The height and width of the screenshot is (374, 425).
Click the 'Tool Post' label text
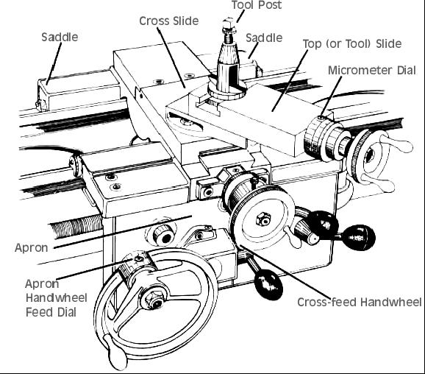coord(257,5)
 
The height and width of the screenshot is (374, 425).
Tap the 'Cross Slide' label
coord(169,21)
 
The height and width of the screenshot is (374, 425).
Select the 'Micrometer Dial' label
coord(372,70)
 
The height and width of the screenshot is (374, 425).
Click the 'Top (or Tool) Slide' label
coord(352,43)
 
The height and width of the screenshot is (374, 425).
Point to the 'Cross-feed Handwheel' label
coord(360,302)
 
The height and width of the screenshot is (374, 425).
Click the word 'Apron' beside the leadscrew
coord(32,248)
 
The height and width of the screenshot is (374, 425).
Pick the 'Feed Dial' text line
coord(51,312)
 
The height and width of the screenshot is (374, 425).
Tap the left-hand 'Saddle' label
coord(60,37)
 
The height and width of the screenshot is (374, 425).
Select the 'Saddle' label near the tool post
coord(264,38)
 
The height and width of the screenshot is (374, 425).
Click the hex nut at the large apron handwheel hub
coord(152,299)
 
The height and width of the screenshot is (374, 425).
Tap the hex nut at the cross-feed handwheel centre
coord(263,219)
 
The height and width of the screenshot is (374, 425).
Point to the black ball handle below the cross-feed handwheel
coord(268,286)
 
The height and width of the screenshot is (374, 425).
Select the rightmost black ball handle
coord(358,238)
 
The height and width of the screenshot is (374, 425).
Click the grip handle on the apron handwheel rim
coord(115,351)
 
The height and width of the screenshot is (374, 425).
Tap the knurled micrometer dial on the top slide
coord(315,138)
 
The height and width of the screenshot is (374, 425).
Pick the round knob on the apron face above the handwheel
coord(163,236)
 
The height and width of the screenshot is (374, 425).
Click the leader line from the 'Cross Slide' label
coord(171,57)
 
